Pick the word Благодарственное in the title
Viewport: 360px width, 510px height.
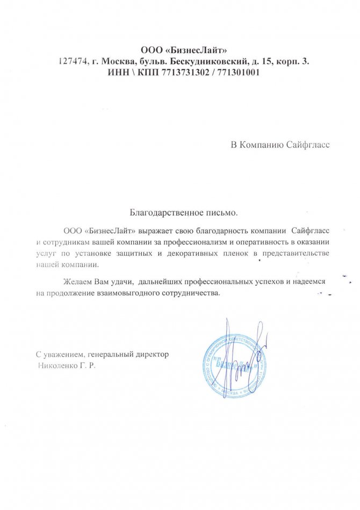point(159,213)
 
